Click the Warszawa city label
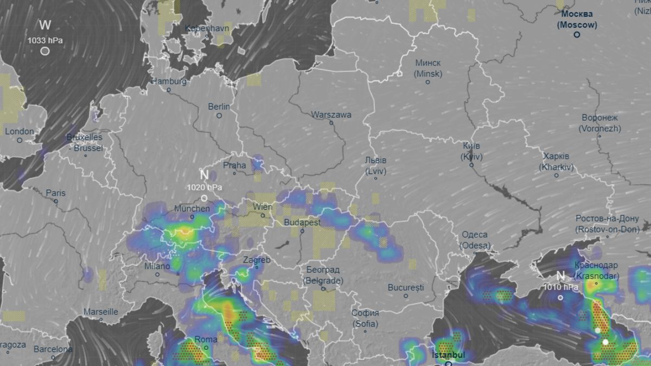pyautogui.click(x=331, y=115)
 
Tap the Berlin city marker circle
pyautogui.click(x=219, y=115)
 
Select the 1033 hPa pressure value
pyautogui.click(x=46, y=40)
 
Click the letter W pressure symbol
pyautogui.click(x=45, y=25)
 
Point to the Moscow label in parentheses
pyautogui.click(x=577, y=24)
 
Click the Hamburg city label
pyautogui.click(x=169, y=81)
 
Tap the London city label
pyautogui.click(x=19, y=131)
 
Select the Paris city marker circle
pyautogui.click(x=56, y=201)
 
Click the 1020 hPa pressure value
pyautogui.click(x=203, y=187)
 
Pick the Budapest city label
pyautogui.click(x=302, y=222)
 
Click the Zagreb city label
pyautogui.click(x=257, y=260)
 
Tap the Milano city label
pyautogui.click(x=157, y=266)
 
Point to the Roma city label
pyautogui.click(x=206, y=339)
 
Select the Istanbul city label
pyautogui.click(x=448, y=355)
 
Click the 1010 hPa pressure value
pyautogui.click(x=560, y=287)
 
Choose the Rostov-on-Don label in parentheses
pyautogui.click(x=608, y=229)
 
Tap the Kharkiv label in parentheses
pyautogui.click(x=556, y=168)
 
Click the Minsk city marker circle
pyautogui.click(x=427, y=82)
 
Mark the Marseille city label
pyautogui.click(x=101, y=312)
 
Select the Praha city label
pyautogui.click(x=234, y=165)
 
